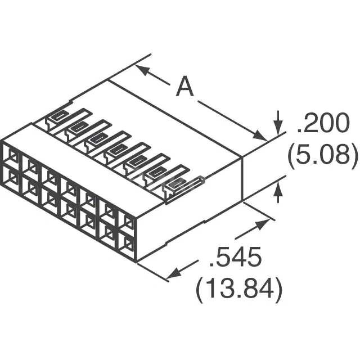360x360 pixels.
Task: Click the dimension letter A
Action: coord(185,87)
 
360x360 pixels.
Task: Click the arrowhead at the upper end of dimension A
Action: coord(143,70)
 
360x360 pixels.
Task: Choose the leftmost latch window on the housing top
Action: coord(58,116)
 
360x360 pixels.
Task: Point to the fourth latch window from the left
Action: coord(116,150)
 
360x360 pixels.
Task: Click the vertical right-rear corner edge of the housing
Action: coord(242,178)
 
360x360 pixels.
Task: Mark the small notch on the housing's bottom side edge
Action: coord(205,221)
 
